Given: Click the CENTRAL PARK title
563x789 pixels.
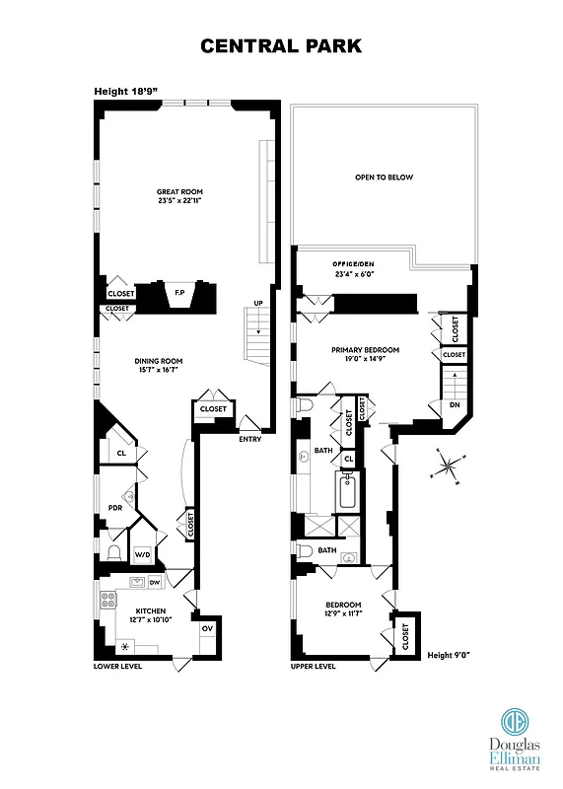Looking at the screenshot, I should pos(281,45).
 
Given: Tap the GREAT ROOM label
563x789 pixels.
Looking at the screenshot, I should pos(178,195).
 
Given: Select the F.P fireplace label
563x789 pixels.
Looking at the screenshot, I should pos(179,293).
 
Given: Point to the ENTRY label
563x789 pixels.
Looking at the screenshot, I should pos(249,439).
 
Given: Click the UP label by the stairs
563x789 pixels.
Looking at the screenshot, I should pos(257,303).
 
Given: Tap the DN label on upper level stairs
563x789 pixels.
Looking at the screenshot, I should pos(454,404).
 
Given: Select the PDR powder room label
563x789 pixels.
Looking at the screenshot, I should pos(114,508).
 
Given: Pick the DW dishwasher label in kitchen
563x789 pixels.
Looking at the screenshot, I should pos(154,583).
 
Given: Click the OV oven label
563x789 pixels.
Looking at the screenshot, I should pos(207,628).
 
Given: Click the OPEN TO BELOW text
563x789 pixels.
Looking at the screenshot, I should pos(384,178).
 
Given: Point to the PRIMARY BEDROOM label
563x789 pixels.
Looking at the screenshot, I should pos(365,354).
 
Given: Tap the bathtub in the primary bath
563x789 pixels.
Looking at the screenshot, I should pos(347,491).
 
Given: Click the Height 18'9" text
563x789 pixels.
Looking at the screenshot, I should pos(125,91).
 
